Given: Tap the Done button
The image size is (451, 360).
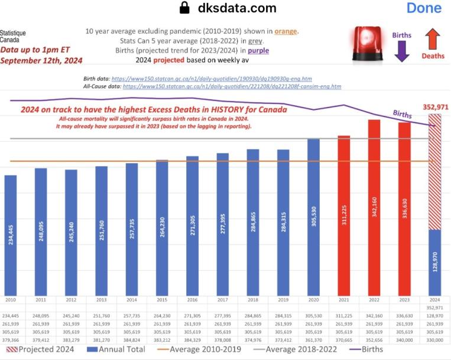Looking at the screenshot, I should click(423, 8).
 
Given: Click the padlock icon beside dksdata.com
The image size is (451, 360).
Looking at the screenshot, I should click(185, 8).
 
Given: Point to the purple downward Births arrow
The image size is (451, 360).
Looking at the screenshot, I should click(402, 51).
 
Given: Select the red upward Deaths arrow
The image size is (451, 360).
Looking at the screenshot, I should click(433, 40).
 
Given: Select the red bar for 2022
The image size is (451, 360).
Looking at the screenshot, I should click(374, 206).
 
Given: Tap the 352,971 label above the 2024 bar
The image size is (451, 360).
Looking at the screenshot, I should click(436, 107).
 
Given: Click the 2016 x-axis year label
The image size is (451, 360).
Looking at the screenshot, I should click(193, 299).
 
